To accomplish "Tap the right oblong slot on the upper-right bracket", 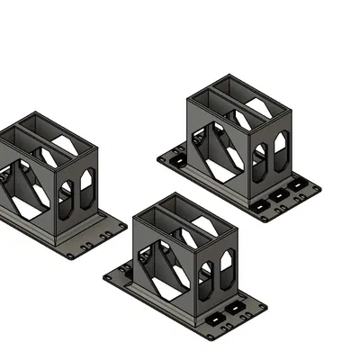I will (281, 146).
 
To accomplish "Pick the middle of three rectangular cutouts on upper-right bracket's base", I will (280, 194).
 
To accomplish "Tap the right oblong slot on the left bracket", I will (87, 185).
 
